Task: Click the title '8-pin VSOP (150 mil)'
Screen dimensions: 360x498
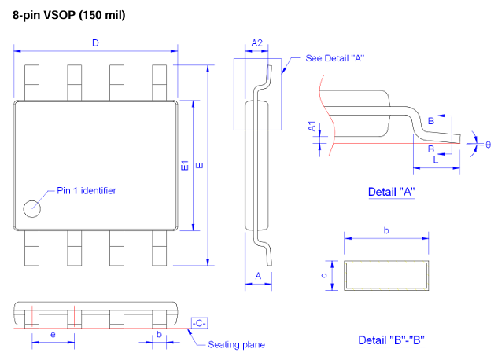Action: [x=68, y=16]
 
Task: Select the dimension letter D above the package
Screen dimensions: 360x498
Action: [x=95, y=43]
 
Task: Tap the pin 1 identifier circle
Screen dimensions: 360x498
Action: [x=32, y=208]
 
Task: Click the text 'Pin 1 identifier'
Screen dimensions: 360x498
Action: [x=87, y=190]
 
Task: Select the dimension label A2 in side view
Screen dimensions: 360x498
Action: [x=256, y=43]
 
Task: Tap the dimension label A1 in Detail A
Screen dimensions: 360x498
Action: [x=312, y=127]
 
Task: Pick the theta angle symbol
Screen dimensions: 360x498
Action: [x=488, y=145]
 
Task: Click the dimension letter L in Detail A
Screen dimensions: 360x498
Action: [x=435, y=160]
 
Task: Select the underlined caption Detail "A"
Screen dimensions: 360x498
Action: [x=391, y=192]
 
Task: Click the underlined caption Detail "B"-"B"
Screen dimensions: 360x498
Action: [x=392, y=340]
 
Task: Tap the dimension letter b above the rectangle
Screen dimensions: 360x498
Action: [x=385, y=230]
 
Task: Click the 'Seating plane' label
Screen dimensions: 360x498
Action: [x=236, y=344]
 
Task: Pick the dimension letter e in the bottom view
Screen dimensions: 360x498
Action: [x=52, y=334]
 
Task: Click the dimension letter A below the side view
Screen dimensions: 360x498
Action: [x=257, y=275]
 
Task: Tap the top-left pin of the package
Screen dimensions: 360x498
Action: [x=32, y=82]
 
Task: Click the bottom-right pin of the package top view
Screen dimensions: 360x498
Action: [x=159, y=255]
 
